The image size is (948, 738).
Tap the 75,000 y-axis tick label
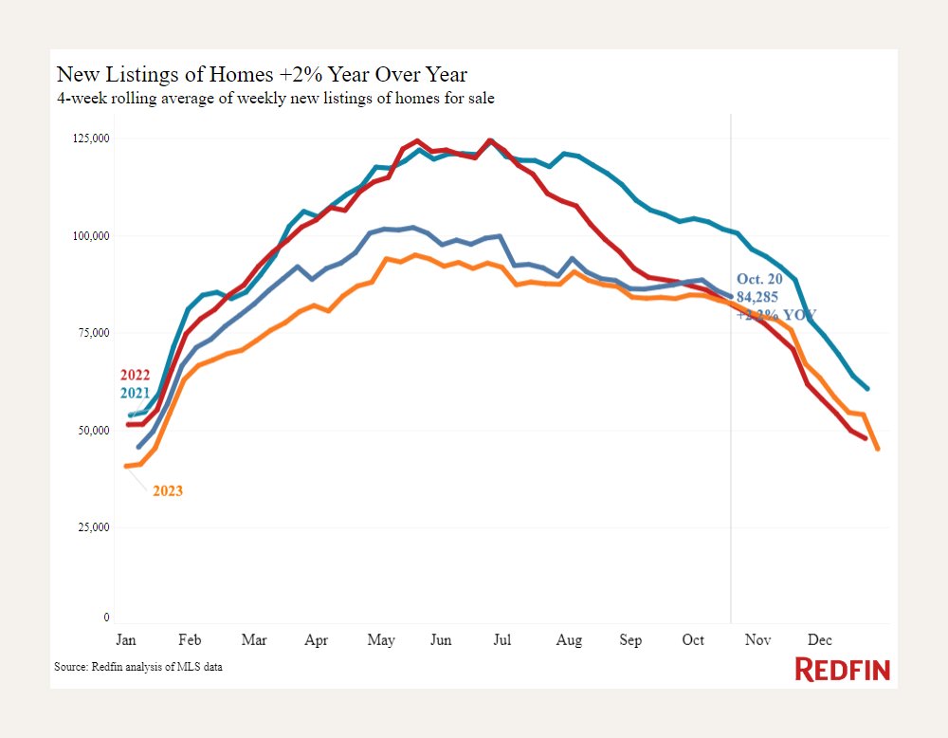(x=93, y=333)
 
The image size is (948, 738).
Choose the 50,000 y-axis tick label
(x=93, y=431)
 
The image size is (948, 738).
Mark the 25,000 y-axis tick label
(x=93, y=527)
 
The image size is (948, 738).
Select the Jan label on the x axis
(x=126, y=640)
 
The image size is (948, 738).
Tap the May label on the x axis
(x=381, y=640)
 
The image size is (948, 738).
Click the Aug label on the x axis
(x=569, y=640)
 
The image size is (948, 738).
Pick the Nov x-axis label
(x=757, y=640)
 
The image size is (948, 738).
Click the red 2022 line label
(x=137, y=375)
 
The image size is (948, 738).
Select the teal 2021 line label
(x=137, y=393)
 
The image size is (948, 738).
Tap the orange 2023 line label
(x=168, y=491)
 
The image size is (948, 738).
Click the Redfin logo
(x=842, y=669)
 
